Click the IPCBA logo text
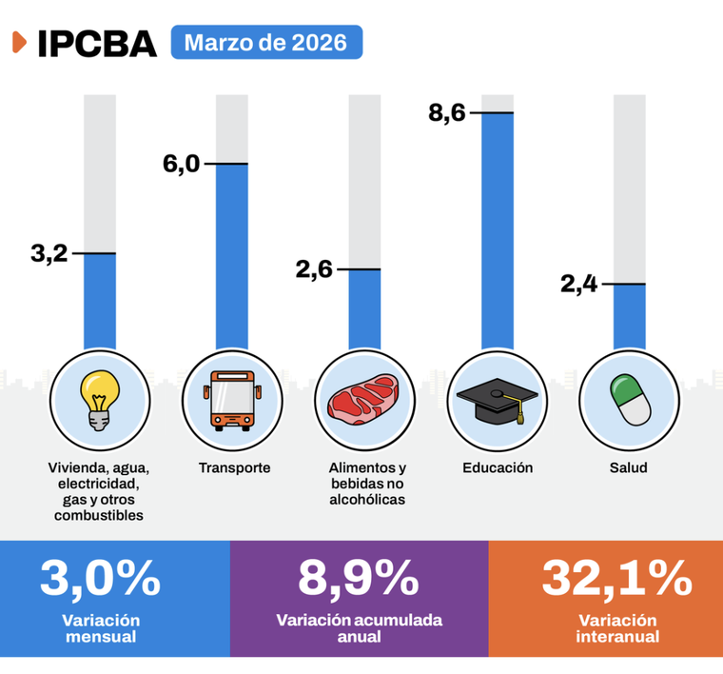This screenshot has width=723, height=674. click(x=96, y=44)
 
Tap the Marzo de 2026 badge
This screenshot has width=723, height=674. click(x=265, y=43)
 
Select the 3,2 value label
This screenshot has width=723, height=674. click(x=49, y=253)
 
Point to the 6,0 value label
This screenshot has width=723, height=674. click(x=181, y=164)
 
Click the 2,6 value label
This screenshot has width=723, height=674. click(x=314, y=269)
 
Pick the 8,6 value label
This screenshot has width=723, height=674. click(x=446, y=113)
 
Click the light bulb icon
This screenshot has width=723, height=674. click(x=99, y=400)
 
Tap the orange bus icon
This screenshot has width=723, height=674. click(x=232, y=400)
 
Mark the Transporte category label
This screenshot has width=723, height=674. click(x=235, y=468)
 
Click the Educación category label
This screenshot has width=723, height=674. click(x=498, y=468)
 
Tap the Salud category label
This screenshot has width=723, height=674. click(x=629, y=468)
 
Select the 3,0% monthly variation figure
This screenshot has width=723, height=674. click(x=100, y=578)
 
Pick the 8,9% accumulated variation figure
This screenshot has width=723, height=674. click(x=359, y=578)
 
